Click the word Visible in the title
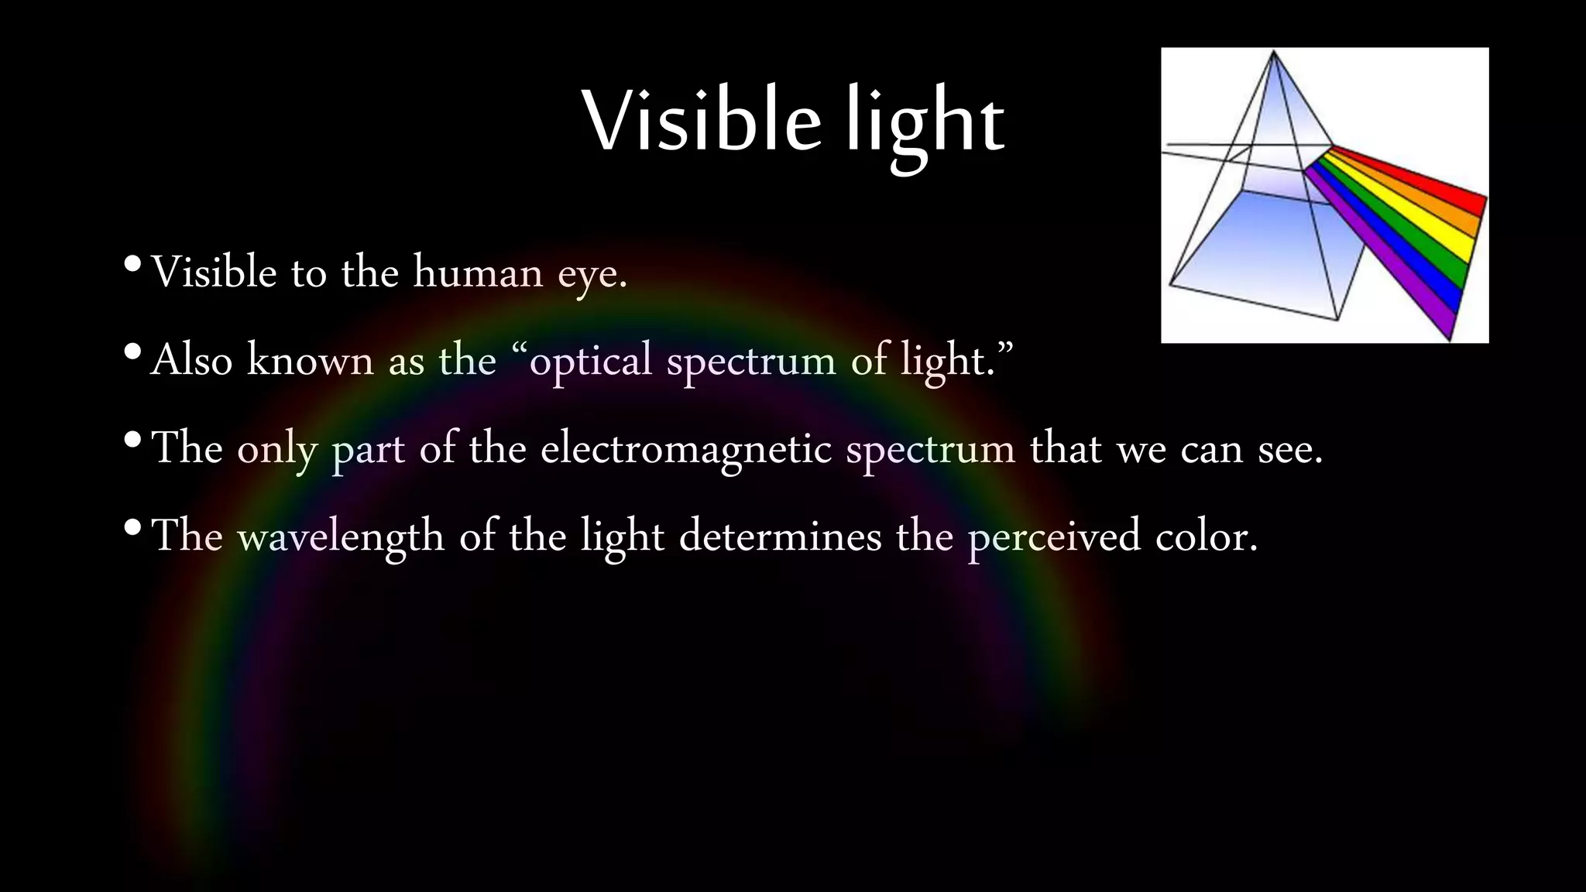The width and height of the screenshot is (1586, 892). (701, 122)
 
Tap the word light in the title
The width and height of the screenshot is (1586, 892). (925, 124)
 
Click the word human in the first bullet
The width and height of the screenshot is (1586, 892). (478, 273)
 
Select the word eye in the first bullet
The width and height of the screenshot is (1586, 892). (592, 276)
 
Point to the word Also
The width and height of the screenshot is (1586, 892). (191, 360)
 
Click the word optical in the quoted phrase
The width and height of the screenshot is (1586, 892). (591, 362)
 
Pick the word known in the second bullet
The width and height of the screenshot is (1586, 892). (310, 360)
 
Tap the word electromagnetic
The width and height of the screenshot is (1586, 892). (685, 449)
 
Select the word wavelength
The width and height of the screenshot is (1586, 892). (340, 536)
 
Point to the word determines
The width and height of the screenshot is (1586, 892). (779, 536)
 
